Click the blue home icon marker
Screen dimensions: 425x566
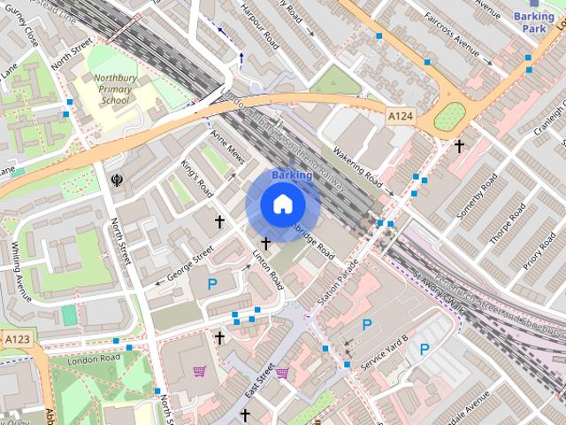pos(282,205)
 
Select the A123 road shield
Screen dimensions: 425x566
pos(16,339)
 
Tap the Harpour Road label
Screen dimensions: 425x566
pos(261,29)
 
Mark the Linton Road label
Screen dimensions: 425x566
pos(267,270)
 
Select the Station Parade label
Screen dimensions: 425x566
pos(338,283)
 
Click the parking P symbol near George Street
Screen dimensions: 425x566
pos(212,284)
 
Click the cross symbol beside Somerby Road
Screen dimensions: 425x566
pos(459,144)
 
